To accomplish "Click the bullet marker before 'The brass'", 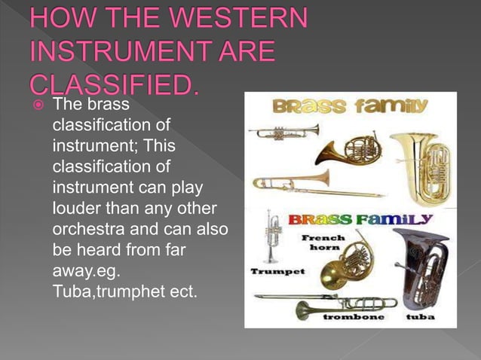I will tap(37, 104).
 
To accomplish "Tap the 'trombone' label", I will tap(353, 318).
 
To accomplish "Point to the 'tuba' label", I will tap(420, 318).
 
